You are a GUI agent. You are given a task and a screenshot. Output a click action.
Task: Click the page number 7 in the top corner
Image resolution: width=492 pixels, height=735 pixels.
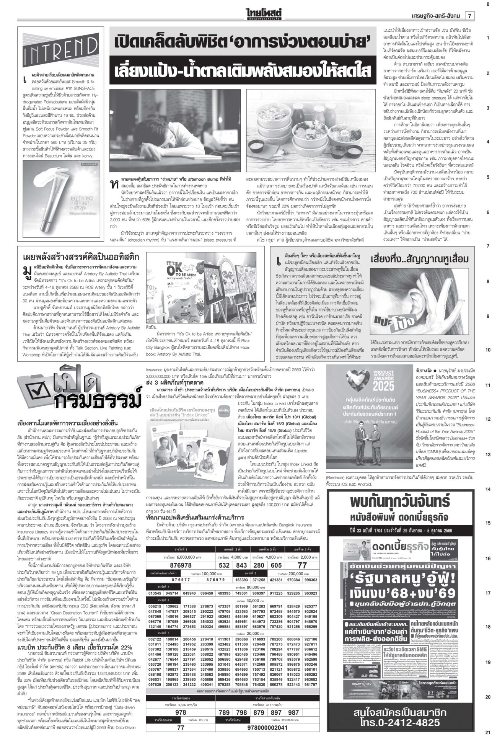click(x=469, y=16)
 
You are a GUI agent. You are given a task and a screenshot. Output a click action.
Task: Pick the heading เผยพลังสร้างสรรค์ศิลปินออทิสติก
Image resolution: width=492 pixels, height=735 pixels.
click(x=81, y=256)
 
